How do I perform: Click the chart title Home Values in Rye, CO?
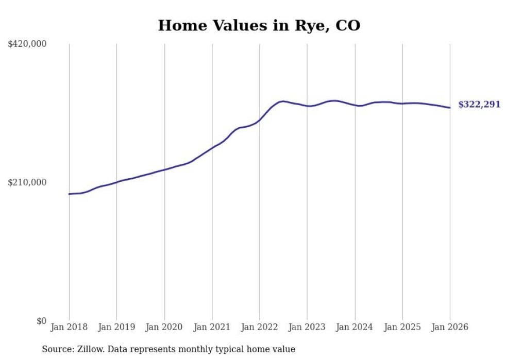coord(259,25)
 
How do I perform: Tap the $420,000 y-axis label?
coord(27,44)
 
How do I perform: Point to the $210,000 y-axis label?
coord(27,182)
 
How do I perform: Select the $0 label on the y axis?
coord(41,321)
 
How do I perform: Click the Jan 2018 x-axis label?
coord(69,327)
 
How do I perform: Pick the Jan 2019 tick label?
coord(116,327)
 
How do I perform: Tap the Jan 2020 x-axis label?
coord(164,327)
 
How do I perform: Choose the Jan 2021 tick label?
coord(212,327)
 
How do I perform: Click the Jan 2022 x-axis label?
coord(260,327)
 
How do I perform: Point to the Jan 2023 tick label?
coord(307,327)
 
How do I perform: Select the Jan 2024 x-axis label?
coord(355,327)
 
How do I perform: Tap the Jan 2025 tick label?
coord(402,327)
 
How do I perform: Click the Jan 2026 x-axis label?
coord(450,327)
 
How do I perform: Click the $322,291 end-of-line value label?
coord(479,105)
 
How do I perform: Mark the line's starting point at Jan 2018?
coord(69,194)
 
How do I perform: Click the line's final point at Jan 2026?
coord(450,108)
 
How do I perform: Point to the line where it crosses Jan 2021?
coord(212,148)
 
